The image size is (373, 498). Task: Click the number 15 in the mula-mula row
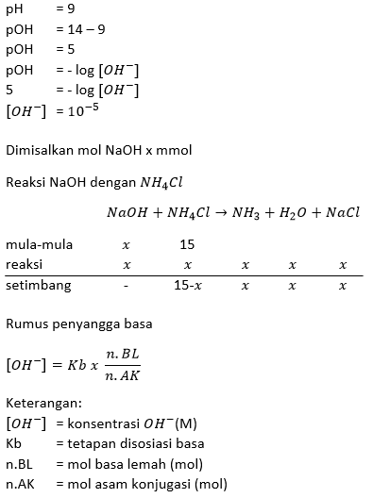187,244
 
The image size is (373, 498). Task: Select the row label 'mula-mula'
39,244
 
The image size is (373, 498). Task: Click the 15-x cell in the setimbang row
187,284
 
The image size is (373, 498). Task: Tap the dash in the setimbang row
126,284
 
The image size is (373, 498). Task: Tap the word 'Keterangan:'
42,405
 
